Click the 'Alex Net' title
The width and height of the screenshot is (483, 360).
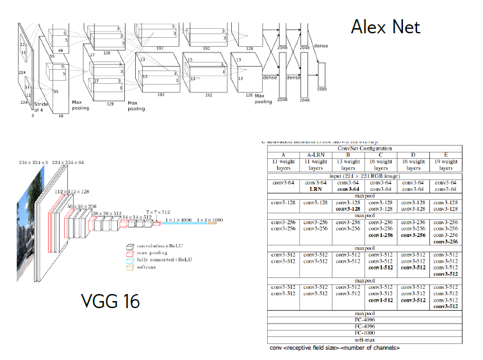tap(385, 26)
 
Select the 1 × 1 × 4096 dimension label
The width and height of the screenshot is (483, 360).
tap(177, 219)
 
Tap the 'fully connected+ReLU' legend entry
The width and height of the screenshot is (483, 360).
tap(161, 260)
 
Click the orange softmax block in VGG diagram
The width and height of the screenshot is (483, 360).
tap(212, 224)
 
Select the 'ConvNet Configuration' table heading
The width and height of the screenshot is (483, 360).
tap(364, 148)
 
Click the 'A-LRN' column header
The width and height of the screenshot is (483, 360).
tap(315, 154)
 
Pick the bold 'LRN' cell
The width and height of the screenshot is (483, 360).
tap(315, 189)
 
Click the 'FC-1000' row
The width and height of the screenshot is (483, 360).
tap(363, 333)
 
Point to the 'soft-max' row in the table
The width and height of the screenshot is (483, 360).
tap(363, 340)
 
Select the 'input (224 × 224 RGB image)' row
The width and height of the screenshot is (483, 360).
tap(363, 176)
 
